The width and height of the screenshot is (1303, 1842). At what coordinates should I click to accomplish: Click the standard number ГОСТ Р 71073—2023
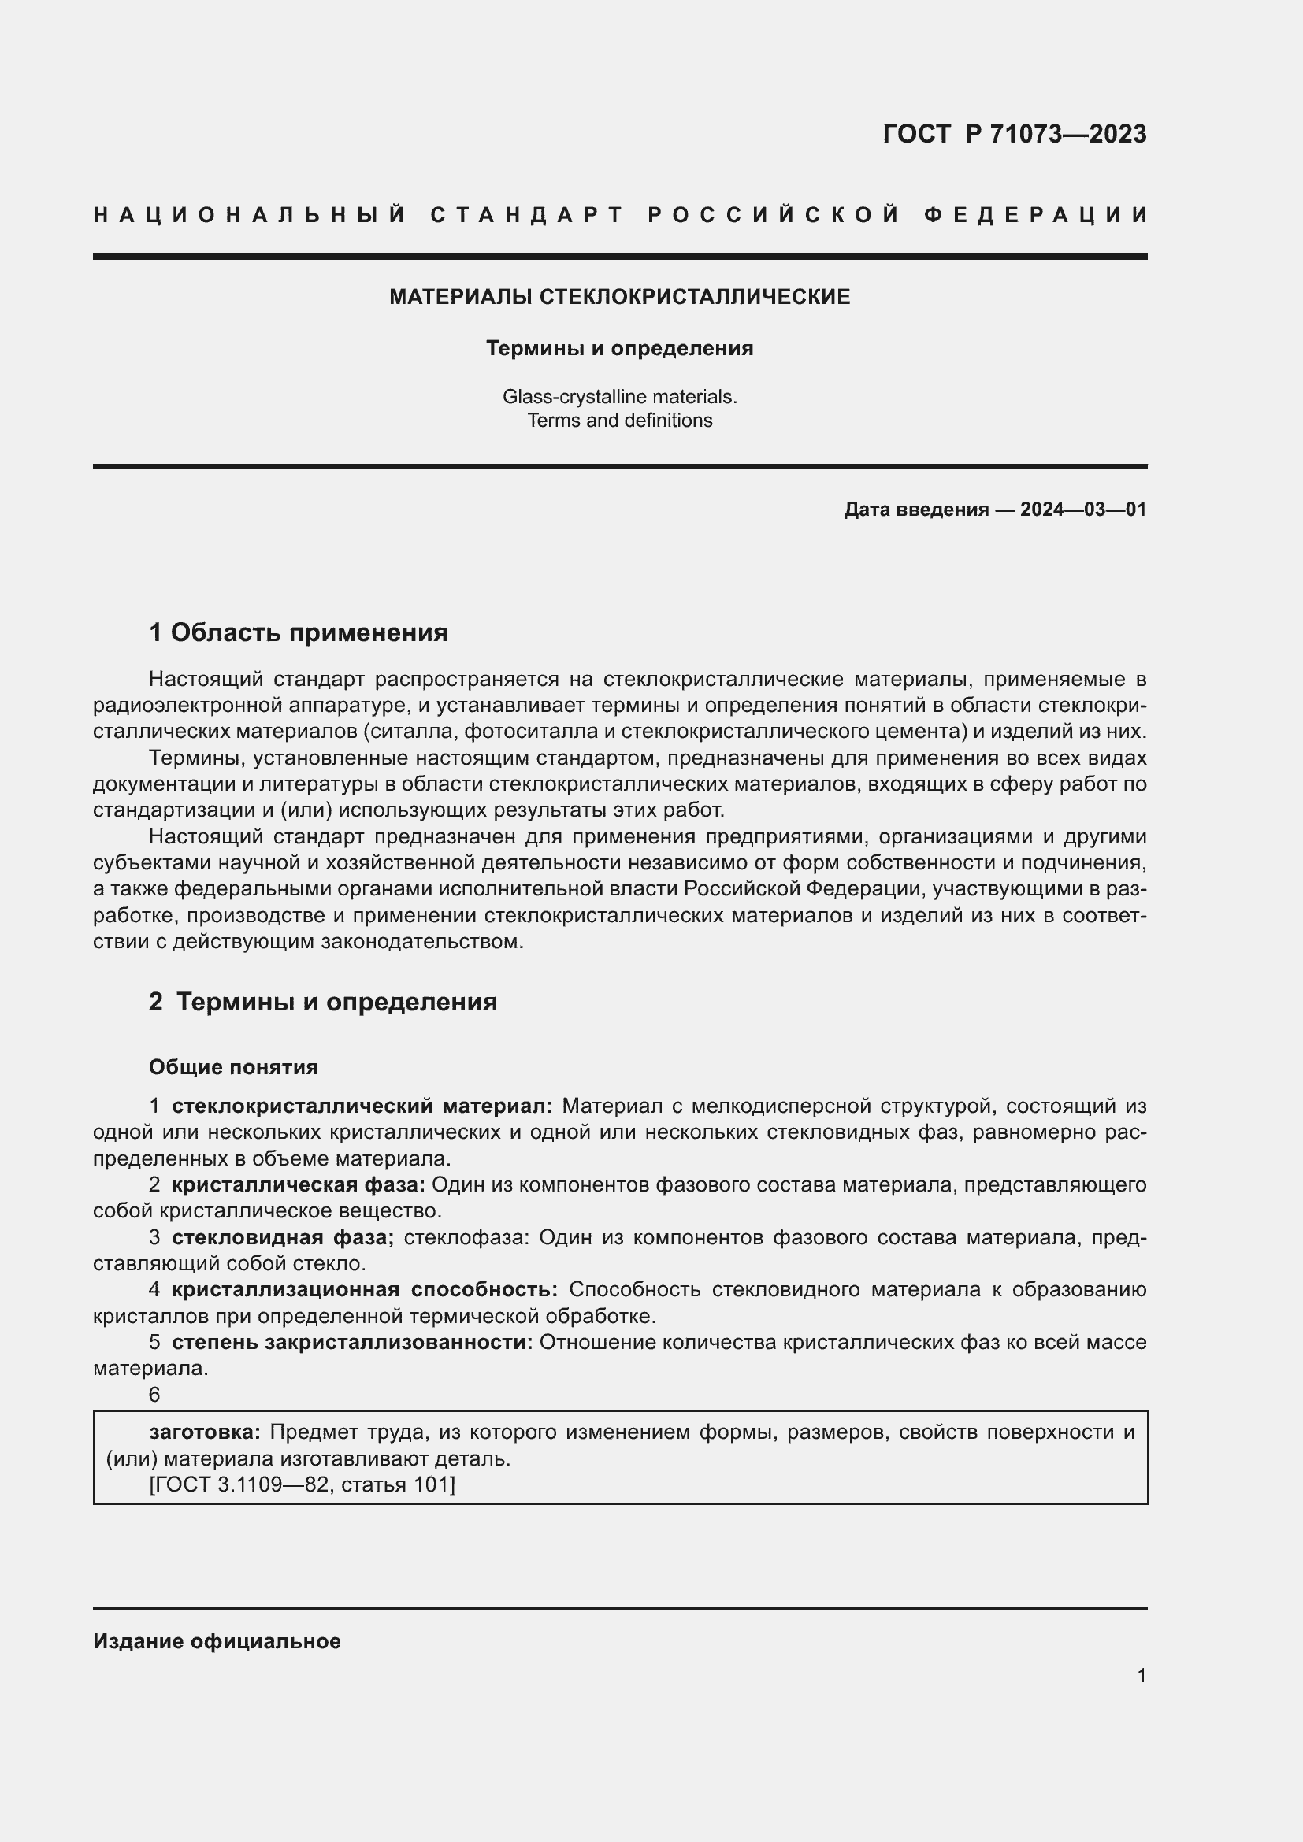tap(1014, 134)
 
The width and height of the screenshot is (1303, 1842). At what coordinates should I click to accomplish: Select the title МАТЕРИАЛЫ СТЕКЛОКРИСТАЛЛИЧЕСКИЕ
tap(619, 297)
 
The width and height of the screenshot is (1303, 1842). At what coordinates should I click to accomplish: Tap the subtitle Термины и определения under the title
tap(619, 348)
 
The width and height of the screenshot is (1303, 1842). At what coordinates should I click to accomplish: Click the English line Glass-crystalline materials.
tap(619, 396)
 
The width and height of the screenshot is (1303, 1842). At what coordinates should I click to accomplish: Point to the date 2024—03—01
tap(1083, 510)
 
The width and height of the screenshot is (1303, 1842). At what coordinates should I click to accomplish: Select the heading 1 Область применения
tap(299, 633)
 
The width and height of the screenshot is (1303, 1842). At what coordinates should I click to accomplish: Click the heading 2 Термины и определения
tap(322, 1002)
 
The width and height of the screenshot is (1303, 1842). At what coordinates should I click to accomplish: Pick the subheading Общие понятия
tap(233, 1067)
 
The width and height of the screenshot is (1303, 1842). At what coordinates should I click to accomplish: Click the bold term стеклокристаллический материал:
tap(362, 1106)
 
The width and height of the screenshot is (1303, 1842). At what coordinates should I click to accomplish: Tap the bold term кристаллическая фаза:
tap(299, 1185)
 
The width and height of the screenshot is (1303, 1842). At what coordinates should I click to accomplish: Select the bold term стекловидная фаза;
tap(284, 1237)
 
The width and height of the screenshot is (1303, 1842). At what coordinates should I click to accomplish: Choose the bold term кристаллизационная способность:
tap(365, 1289)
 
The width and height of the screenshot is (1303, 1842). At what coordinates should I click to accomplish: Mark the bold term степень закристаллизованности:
tap(352, 1342)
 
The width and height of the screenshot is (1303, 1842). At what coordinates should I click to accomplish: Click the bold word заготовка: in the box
tap(205, 1432)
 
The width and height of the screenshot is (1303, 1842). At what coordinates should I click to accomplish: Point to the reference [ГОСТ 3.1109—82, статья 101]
tap(303, 1484)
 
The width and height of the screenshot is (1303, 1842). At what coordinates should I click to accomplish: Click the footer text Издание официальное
tap(217, 1641)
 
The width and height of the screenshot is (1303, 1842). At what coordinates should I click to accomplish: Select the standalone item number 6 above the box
tap(155, 1395)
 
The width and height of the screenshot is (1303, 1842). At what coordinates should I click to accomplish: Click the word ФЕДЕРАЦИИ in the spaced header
tap(1037, 215)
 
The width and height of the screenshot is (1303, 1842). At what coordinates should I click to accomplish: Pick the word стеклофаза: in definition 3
tap(466, 1237)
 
